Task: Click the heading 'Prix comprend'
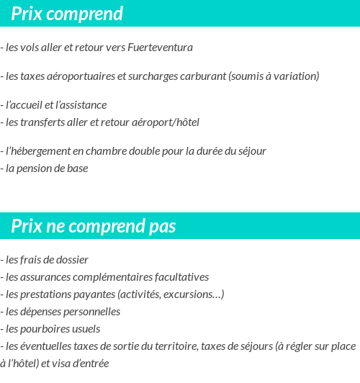click(x=67, y=14)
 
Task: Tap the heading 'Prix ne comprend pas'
click(x=94, y=226)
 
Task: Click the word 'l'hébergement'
click(x=36, y=151)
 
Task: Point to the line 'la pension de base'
click(x=47, y=168)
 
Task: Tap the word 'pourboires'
click(x=42, y=328)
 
